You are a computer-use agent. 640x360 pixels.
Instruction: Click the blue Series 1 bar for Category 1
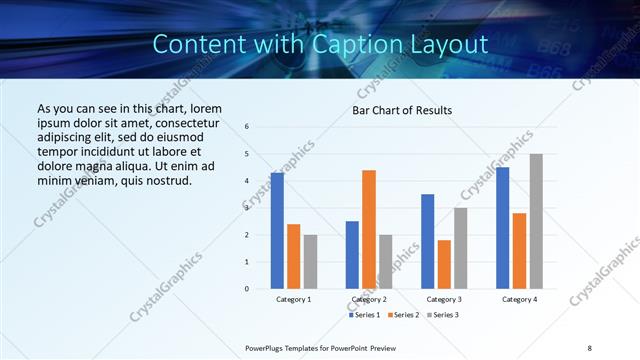277,231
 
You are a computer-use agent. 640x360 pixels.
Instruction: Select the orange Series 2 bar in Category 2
369,229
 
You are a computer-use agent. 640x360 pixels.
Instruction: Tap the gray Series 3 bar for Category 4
536,221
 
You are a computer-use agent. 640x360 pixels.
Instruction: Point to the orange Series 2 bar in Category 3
444,264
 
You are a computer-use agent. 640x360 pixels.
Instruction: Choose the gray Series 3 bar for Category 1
310,262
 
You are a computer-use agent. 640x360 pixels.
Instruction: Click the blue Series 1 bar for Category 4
502,228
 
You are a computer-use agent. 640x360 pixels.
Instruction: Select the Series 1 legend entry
364,315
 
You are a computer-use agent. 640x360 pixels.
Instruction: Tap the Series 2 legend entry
403,315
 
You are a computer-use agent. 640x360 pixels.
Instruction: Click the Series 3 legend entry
442,315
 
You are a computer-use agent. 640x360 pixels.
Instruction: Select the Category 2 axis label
369,299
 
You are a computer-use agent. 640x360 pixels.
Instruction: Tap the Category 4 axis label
519,299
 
